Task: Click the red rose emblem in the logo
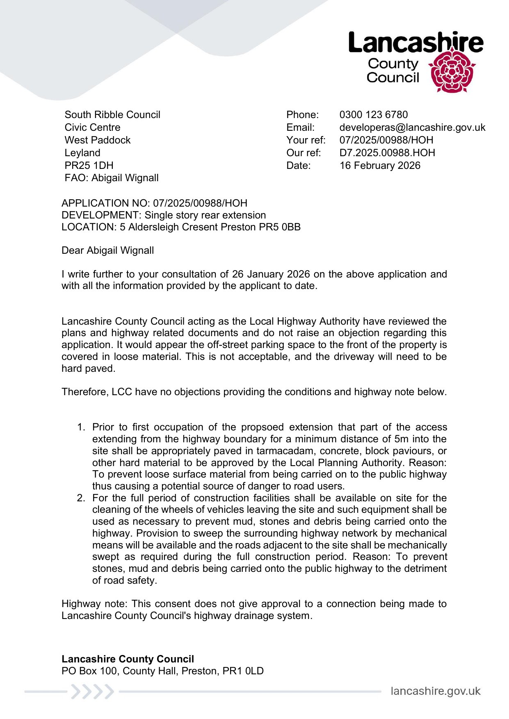(452, 71)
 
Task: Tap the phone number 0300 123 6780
(373, 115)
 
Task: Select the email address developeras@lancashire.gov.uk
(412, 127)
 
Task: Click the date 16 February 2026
(380, 166)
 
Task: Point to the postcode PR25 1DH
(89, 166)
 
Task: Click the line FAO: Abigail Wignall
(112, 178)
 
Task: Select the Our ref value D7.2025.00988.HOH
(387, 153)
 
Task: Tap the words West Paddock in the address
(98, 140)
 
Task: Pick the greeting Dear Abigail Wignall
(107, 250)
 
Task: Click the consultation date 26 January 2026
(271, 274)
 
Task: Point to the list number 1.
(81, 427)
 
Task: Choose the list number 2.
(81, 498)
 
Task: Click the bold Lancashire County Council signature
(128, 659)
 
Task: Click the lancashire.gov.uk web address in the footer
(435, 691)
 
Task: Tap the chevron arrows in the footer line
(92, 692)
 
